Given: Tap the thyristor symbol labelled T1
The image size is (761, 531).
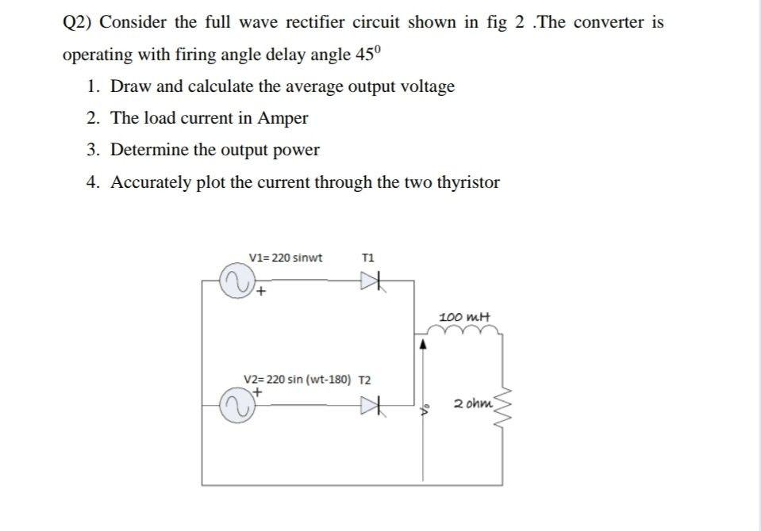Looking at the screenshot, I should click(372, 281).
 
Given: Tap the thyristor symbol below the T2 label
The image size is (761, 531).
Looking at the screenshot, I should click(372, 407).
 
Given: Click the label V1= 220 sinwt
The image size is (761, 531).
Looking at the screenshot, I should click(286, 258).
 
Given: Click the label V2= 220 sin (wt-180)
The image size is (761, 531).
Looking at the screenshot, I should click(298, 379).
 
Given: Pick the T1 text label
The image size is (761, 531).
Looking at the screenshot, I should click(367, 258).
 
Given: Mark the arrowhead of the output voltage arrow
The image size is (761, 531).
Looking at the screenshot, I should click(423, 345).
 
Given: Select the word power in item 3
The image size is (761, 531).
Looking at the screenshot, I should click(295, 150).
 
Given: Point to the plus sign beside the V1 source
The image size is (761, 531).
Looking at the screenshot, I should click(259, 292).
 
